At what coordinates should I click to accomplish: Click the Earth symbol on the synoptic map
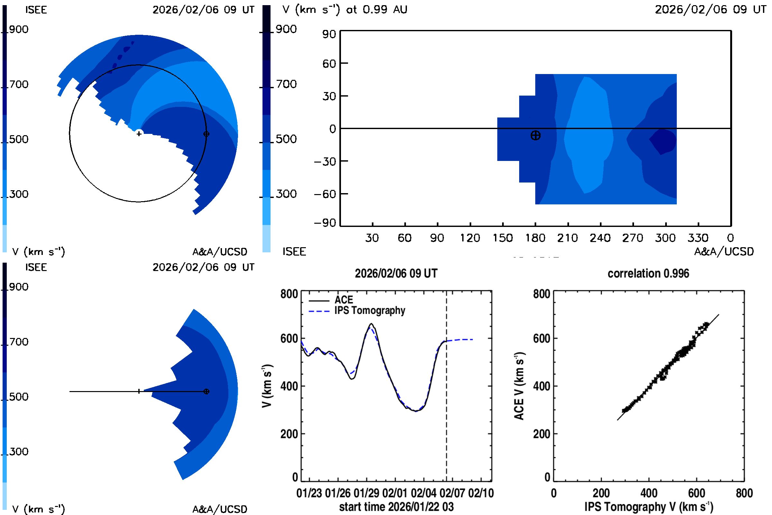[535, 135]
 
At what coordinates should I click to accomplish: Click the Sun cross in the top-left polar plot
[139, 134]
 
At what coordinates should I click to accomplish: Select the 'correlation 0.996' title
[648, 273]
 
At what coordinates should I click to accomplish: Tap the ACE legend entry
[343, 300]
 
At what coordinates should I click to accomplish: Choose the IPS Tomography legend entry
[370, 310]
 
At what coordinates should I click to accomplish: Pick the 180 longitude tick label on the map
[535, 238]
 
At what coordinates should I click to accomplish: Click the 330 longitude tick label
[698, 238]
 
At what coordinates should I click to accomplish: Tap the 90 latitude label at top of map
[329, 34]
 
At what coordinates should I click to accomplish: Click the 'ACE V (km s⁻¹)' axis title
[519, 386]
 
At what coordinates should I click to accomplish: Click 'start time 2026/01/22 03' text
[396, 507]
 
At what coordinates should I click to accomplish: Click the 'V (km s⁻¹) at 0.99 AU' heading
[345, 10]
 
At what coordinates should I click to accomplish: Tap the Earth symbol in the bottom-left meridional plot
[206, 391]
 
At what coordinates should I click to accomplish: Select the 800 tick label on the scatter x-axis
[744, 493]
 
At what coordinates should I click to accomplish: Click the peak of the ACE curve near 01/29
[372, 324]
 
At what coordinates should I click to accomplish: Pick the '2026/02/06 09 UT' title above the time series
[396, 273]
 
